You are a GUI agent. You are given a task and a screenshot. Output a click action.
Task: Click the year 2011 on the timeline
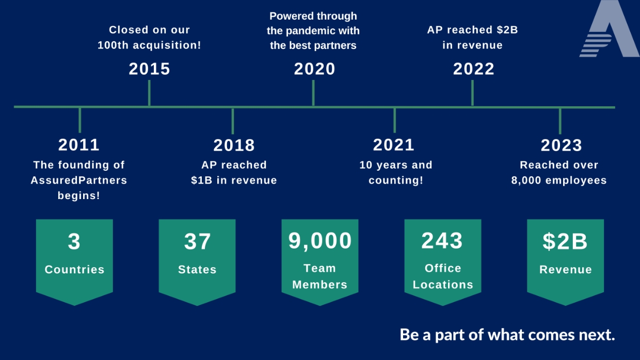tap(79, 145)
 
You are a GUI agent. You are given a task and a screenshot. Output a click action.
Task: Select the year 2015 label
tap(150, 69)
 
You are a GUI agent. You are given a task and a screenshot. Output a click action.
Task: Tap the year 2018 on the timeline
tap(234, 145)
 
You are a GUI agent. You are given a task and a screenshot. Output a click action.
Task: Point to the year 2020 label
tap(315, 69)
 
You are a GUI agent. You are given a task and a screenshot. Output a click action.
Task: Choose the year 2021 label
tap(394, 145)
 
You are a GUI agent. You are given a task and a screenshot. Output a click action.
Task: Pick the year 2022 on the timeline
tap(474, 69)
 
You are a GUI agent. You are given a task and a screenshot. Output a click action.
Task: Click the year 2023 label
tap(561, 145)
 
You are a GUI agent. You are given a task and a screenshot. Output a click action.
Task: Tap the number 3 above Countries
tap(74, 241)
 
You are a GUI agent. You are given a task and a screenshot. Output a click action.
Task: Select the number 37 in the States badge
tap(197, 241)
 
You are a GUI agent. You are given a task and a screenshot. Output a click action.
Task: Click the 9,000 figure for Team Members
tap(320, 240)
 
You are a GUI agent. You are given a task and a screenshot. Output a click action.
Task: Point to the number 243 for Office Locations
tap(442, 240)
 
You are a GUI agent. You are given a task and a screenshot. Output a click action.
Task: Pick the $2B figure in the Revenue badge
tap(565, 241)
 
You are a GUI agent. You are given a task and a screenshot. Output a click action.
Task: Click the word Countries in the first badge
tap(74, 269)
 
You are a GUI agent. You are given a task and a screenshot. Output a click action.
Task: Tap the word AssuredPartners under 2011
tap(79, 181)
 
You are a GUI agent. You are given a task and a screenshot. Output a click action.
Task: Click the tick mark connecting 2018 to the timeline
tap(233, 121)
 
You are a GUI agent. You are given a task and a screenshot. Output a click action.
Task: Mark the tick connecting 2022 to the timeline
tap(472, 93)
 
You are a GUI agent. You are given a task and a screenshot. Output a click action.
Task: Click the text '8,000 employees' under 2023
tap(559, 181)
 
